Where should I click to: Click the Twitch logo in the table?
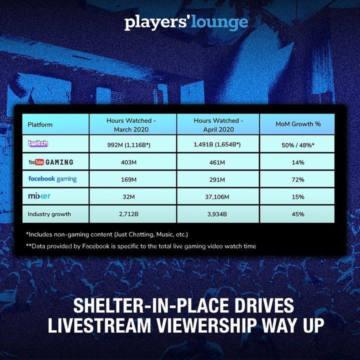38,143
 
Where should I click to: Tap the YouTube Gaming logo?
50,162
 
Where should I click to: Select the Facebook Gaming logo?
52,179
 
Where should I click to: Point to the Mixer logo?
39,196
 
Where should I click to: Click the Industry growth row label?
49,214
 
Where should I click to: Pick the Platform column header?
40,124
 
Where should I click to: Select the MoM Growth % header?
298,124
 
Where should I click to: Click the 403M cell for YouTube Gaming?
128,162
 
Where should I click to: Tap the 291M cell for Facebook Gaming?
217,179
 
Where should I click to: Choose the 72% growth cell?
298,179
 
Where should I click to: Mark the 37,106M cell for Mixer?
217,197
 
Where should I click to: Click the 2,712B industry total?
128,214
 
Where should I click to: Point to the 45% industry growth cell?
298,214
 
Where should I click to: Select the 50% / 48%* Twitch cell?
298,145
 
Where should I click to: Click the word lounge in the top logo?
219,22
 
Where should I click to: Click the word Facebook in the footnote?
95,246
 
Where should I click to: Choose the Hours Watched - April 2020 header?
218,125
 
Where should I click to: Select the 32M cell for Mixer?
128,197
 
